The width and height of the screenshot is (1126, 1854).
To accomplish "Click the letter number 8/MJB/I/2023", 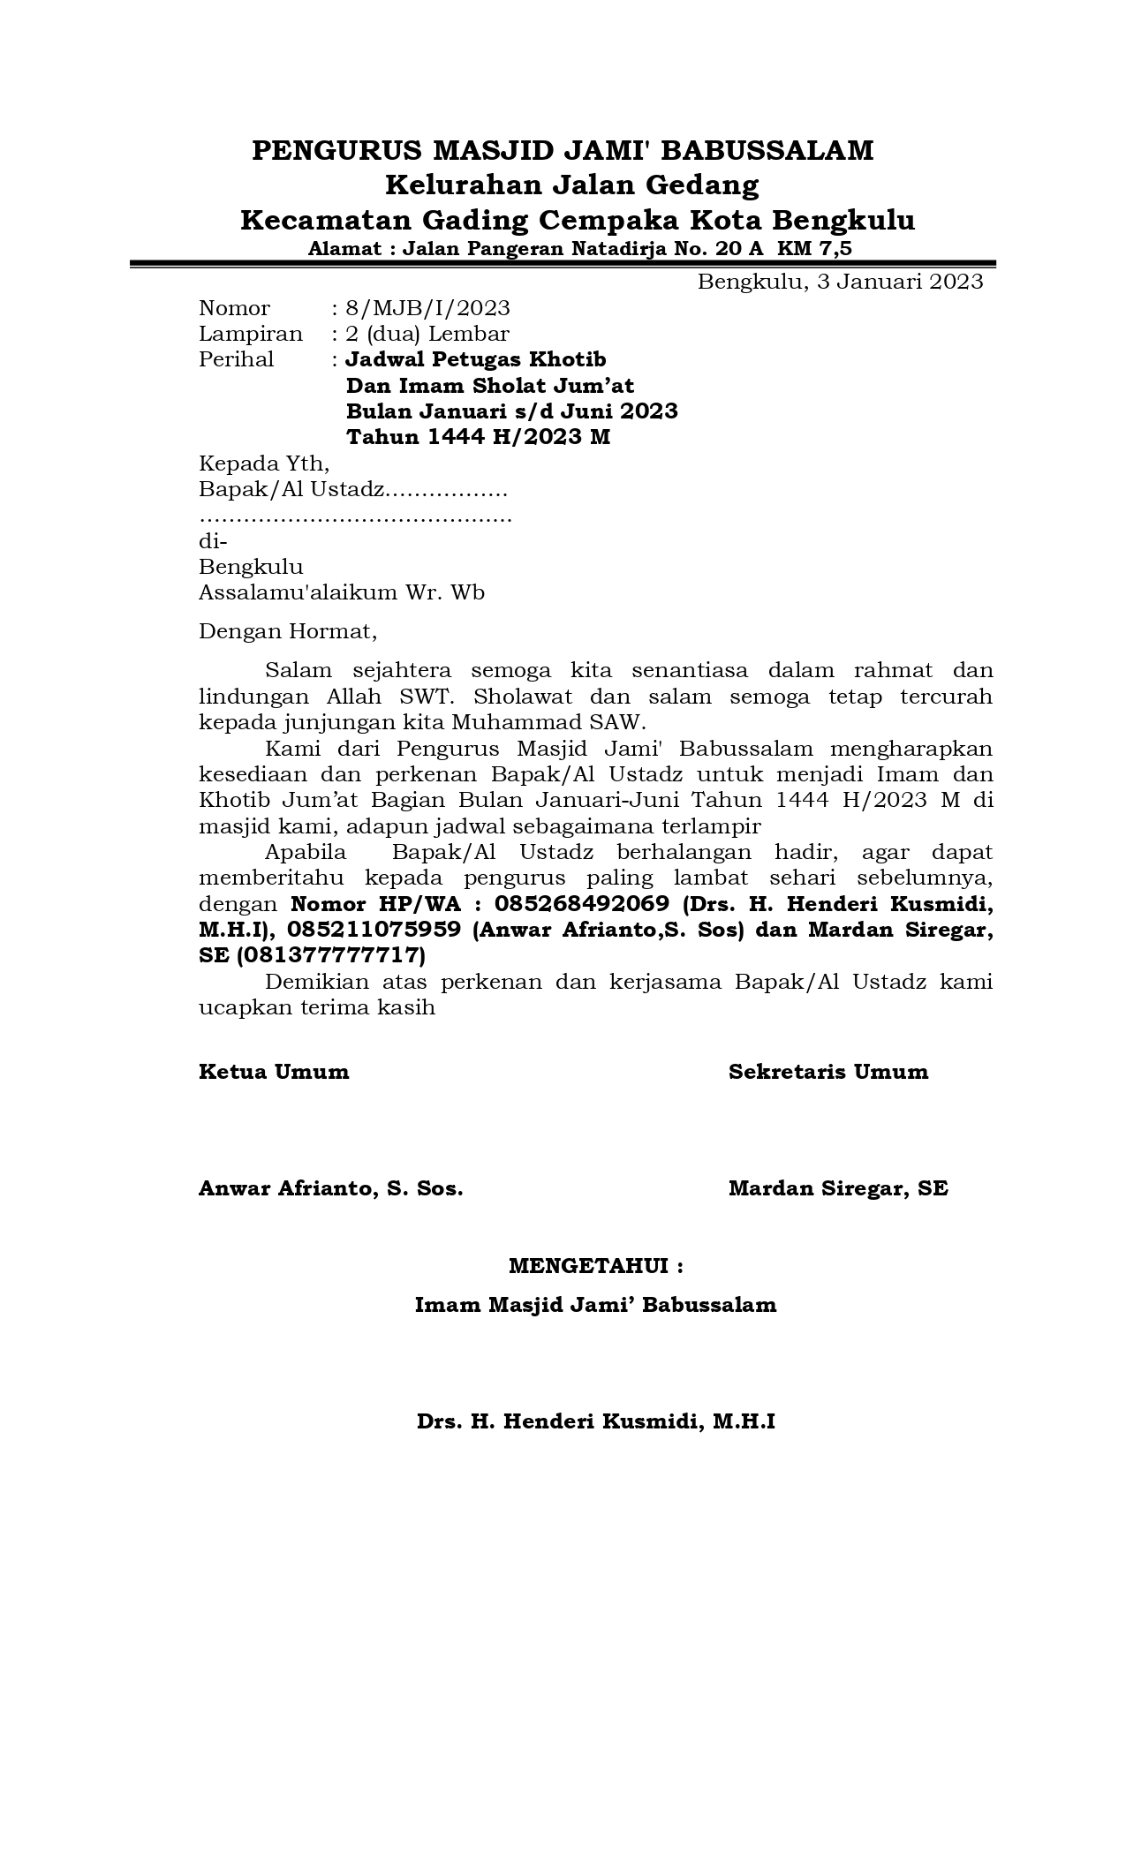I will click(428, 308).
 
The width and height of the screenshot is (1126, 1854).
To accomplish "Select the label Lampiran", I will click(250, 334).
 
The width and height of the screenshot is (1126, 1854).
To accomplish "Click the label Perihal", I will click(236, 359).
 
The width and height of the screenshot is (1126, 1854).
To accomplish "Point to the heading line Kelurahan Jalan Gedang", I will click(572, 185).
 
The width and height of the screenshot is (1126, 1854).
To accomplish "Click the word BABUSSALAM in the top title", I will click(767, 151).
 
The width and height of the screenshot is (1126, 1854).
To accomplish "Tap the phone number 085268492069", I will click(582, 904).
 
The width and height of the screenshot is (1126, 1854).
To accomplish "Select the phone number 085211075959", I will click(374, 930).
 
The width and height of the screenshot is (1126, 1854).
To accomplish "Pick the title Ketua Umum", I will click(274, 1072).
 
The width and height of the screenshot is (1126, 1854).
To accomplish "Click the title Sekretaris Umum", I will click(828, 1072).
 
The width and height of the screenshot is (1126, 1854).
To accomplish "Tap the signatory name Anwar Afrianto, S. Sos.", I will click(330, 1188).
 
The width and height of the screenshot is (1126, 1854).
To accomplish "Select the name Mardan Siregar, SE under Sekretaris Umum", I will click(838, 1188).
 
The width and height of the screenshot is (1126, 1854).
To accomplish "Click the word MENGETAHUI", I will click(587, 1267).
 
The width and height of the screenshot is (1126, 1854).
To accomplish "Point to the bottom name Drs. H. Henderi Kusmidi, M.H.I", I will click(596, 1422).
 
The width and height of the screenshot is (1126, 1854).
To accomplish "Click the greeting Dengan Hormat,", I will click(288, 631).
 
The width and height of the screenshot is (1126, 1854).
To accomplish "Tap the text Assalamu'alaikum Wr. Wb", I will click(341, 592).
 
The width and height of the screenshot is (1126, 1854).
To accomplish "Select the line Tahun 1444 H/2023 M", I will click(478, 437).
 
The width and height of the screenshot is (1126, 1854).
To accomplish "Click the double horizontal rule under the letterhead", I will click(563, 263).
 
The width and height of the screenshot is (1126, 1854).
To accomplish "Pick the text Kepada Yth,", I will click(264, 463).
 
